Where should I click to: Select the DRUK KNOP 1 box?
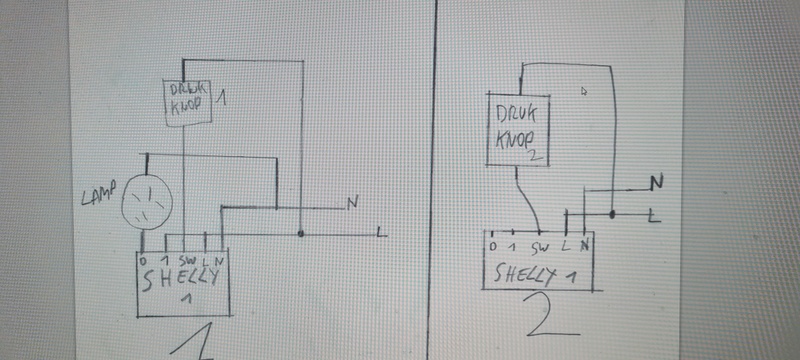190,101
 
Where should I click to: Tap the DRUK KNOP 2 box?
518,130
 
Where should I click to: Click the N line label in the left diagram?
352,203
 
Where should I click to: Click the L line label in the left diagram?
381,233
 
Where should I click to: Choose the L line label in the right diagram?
652,215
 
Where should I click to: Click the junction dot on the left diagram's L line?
301,235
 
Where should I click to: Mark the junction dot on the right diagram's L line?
612,214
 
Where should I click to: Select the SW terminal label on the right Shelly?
541,246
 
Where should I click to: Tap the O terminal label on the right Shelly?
492,246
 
